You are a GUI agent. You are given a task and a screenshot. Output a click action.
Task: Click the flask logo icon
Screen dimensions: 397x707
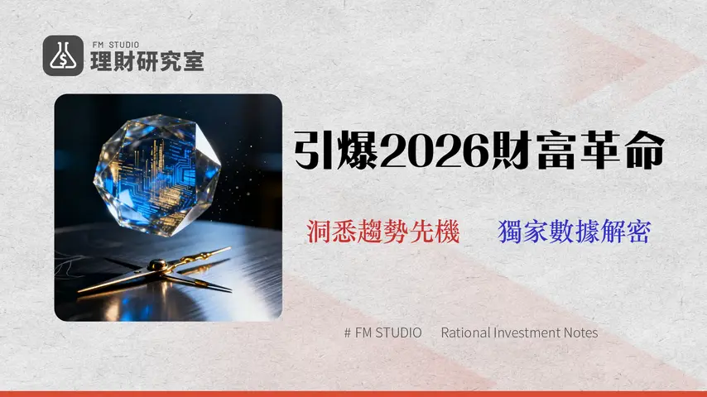click(63, 55)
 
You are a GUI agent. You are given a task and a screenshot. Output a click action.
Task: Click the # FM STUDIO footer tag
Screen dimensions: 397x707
click(382, 332)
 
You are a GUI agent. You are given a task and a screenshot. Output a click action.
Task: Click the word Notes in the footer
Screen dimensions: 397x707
click(581, 332)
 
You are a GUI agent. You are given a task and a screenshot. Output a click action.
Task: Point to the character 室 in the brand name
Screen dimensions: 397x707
click(193, 60)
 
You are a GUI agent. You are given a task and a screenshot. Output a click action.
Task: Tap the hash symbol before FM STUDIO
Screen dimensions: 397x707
click(347, 332)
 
